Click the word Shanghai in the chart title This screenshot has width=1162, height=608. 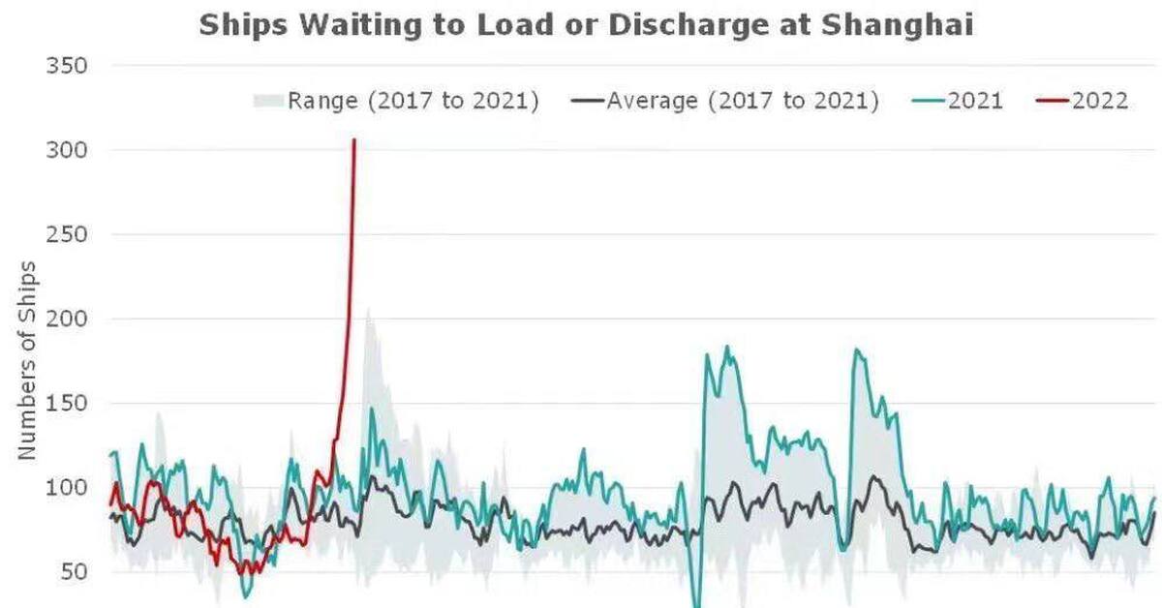897,24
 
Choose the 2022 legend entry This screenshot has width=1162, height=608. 1100,101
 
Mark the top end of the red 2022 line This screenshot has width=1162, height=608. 354,140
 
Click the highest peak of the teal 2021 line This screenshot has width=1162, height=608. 727,347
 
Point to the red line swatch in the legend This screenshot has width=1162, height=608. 1056,101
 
